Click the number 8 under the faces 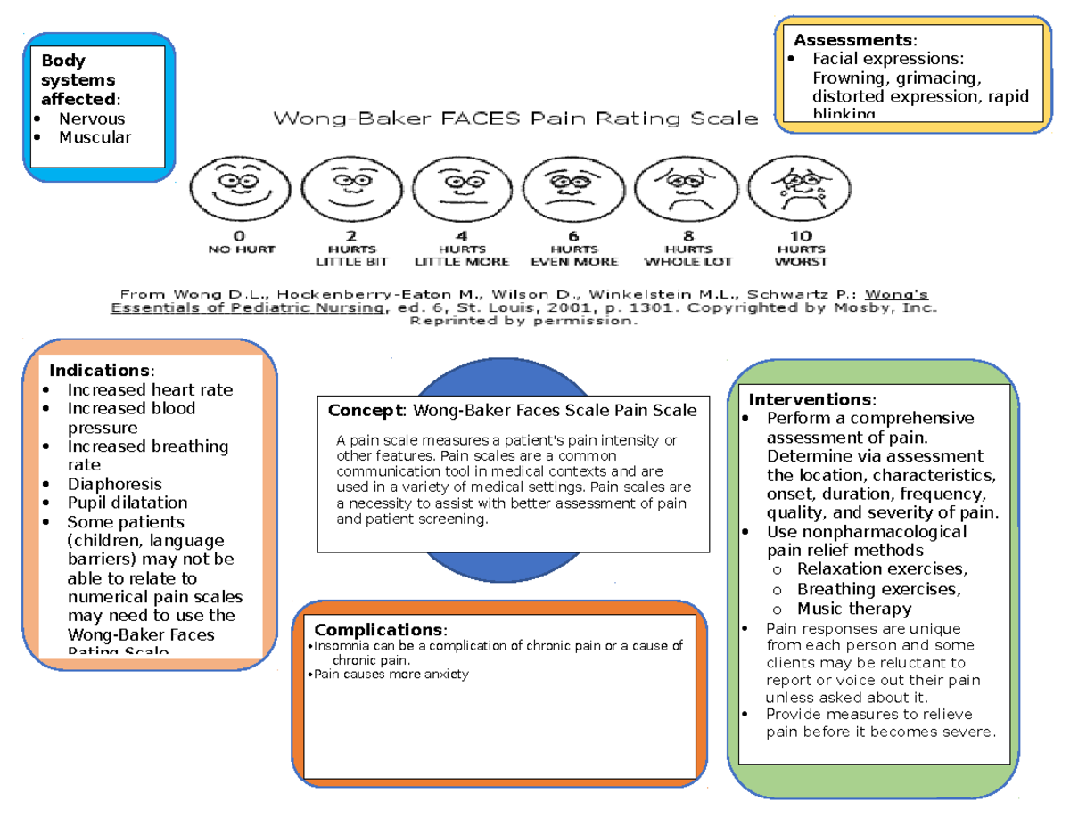pos(687,236)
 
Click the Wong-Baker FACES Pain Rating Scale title pos(515,118)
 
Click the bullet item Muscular pos(95,137)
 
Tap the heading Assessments pos(852,40)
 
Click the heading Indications pos(100,370)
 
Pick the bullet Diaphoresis pos(114,484)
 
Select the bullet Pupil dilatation pos(128,503)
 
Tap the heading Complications pos(378,630)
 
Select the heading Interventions pos(810,399)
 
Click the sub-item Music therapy pos(853,609)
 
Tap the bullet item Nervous pos(91,119)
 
